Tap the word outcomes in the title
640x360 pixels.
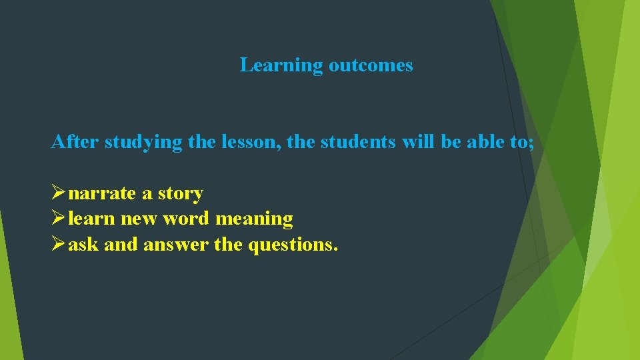tap(370, 65)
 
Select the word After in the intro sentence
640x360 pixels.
tap(75, 142)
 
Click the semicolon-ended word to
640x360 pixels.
tap(523, 142)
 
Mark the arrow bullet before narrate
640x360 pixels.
tap(58, 193)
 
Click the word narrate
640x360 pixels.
tap(102, 194)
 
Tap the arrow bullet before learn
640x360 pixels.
tap(58, 219)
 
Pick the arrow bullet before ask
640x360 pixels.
tap(58, 245)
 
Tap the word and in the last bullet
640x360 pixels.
tap(121, 245)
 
